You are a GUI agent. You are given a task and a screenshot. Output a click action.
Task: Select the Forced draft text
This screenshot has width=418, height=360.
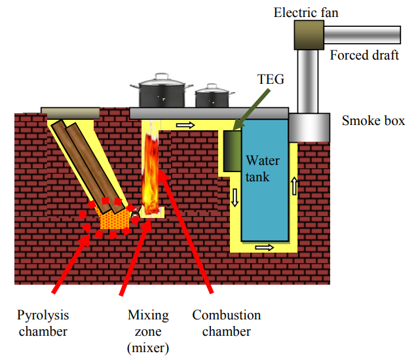[x=364, y=55]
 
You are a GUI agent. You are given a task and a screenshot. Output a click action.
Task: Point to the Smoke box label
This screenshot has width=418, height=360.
[x=373, y=120]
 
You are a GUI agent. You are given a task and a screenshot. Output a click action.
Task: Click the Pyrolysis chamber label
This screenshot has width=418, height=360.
[x=43, y=323]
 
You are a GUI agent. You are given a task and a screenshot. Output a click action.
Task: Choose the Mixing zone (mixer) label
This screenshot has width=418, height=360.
[x=147, y=331]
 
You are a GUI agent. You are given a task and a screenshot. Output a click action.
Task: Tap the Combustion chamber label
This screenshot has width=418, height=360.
[x=226, y=323]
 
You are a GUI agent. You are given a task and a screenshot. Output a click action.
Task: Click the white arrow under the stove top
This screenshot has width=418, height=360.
[x=186, y=124]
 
